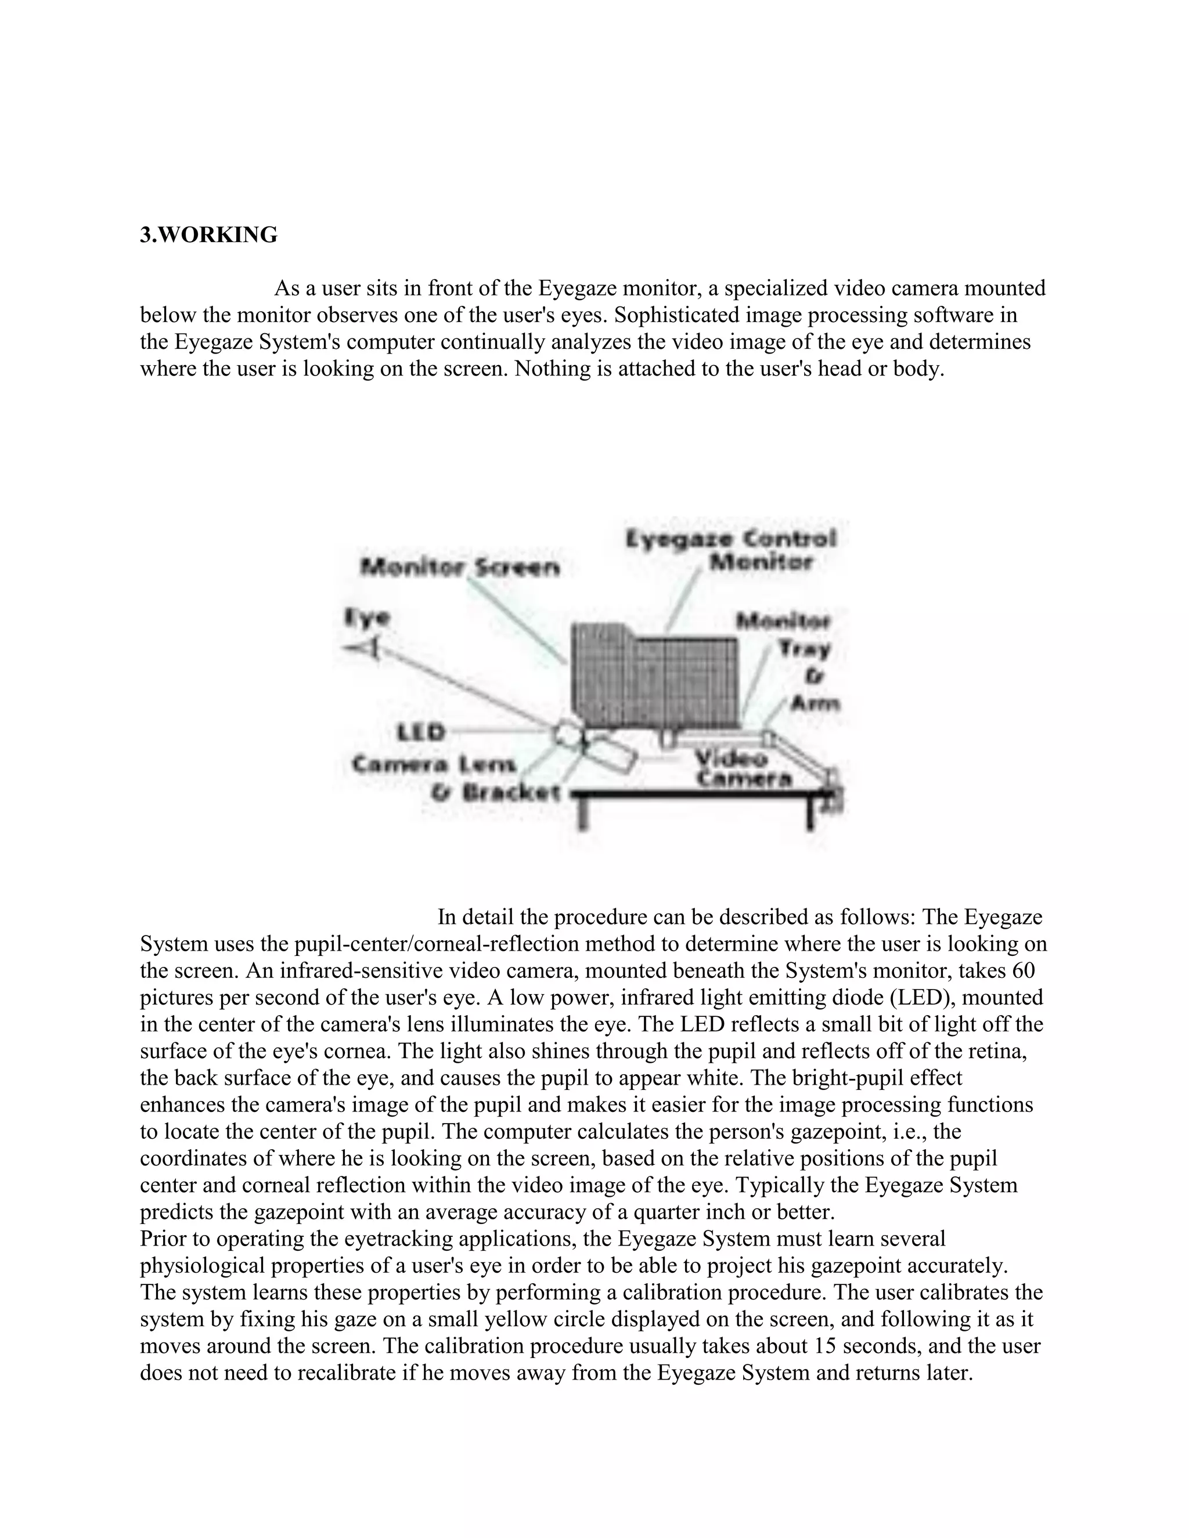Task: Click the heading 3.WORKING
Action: click(x=208, y=235)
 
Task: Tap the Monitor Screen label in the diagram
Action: click(x=460, y=567)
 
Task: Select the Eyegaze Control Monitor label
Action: click(x=731, y=550)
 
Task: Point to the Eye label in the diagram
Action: click(x=367, y=618)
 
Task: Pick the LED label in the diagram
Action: click(x=422, y=732)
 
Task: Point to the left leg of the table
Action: click(x=585, y=813)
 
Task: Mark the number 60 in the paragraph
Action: click(x=1023, y=970)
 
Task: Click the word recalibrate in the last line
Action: click(x=345, y=1373)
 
